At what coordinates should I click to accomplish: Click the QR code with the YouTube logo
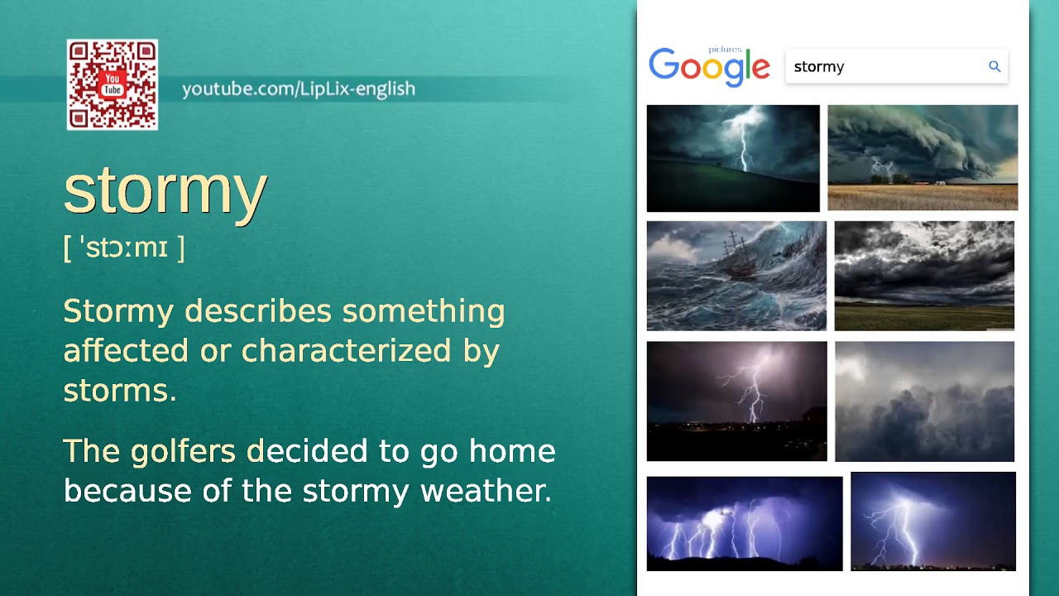click(x=113, y=84)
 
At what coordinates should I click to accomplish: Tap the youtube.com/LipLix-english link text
click(x=299, y=89)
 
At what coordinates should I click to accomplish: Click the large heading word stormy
click(x=165, y=190)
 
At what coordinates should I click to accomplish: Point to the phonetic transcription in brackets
click(x=124, y=248)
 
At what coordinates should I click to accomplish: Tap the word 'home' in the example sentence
click(x=512, y=452)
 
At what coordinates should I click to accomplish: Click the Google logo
click(x=709, y=66)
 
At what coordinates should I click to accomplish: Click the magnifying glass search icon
click(x=994, y=66)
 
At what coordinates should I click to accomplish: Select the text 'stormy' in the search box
click(x=819, y=67)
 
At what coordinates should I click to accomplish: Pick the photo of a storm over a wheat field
click(x=922, y=157)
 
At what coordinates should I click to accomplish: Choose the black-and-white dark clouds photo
click(x=924, y=276)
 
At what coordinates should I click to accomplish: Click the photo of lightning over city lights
click(x=736, y=401)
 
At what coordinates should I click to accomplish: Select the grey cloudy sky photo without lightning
click(x=924, y=401)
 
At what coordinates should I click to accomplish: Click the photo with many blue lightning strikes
click(x=745, y=523)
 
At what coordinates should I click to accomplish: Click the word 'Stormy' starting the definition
click(x=118, y=311)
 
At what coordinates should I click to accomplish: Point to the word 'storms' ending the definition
click(x=119, y=391)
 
